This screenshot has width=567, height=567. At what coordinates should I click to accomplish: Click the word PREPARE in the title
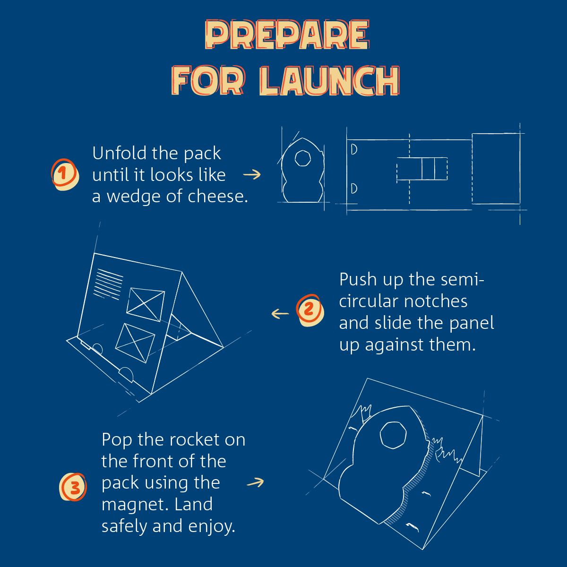[x=287, y=34]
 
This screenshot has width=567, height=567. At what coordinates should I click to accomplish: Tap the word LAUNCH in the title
[x=329, y=81]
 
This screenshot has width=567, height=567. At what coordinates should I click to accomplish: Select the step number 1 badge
[x=65, y=174]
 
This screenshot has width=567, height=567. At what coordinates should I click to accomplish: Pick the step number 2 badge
[x=310, y=310]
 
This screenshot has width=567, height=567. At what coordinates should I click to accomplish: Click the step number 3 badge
[x=73, y=487]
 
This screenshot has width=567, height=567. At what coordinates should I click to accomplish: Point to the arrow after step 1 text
[x=252, y=174]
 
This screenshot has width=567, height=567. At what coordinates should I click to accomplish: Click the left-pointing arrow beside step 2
[x=280, y=314]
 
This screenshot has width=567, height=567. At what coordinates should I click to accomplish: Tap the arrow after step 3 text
[x=256, y=482]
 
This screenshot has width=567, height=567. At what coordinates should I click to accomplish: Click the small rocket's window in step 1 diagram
[x=302, y=158]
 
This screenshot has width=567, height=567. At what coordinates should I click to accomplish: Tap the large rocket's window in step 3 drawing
[x=393, y=435]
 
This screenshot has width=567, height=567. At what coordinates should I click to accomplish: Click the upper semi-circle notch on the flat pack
[x=354, y=149]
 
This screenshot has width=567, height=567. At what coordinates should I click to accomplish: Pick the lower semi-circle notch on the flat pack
[x=354, y=189]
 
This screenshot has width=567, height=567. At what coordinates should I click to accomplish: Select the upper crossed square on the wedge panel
[x=146, y=305]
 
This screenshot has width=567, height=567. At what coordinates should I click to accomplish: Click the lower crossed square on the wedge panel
[x=135, y=343]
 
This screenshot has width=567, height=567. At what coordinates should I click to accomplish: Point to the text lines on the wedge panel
[x=108, y=284]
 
